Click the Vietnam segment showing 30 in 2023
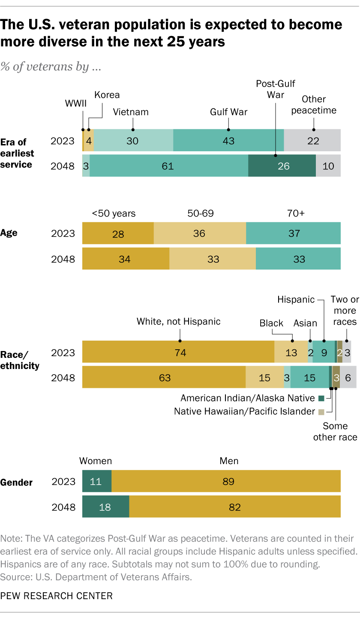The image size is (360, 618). (x=133, y=140)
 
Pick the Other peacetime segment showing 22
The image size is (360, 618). (x=312, y=140)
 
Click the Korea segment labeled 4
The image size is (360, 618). (x=89, y=140)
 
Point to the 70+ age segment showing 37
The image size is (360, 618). (x=293, y=234)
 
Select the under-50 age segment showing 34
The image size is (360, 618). (x=126, y=259)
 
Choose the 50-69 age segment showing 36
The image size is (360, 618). (x=200, y=234)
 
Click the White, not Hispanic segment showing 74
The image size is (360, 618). (x=178, y=353)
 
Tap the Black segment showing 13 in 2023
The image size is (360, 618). (x=291, y=353)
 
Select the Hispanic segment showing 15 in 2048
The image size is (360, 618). (x=309, y=378)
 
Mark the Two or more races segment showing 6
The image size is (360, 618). (x=348, y=378)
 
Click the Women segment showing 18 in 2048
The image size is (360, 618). (x=105, y=507)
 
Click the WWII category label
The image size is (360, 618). (x=75, y=103)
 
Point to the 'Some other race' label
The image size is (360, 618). (x=335, y=432)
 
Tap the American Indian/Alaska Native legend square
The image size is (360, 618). (x=321, y=398)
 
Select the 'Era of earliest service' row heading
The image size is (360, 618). (x=17, y=153)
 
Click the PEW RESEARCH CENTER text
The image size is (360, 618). (x=57, y=596)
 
